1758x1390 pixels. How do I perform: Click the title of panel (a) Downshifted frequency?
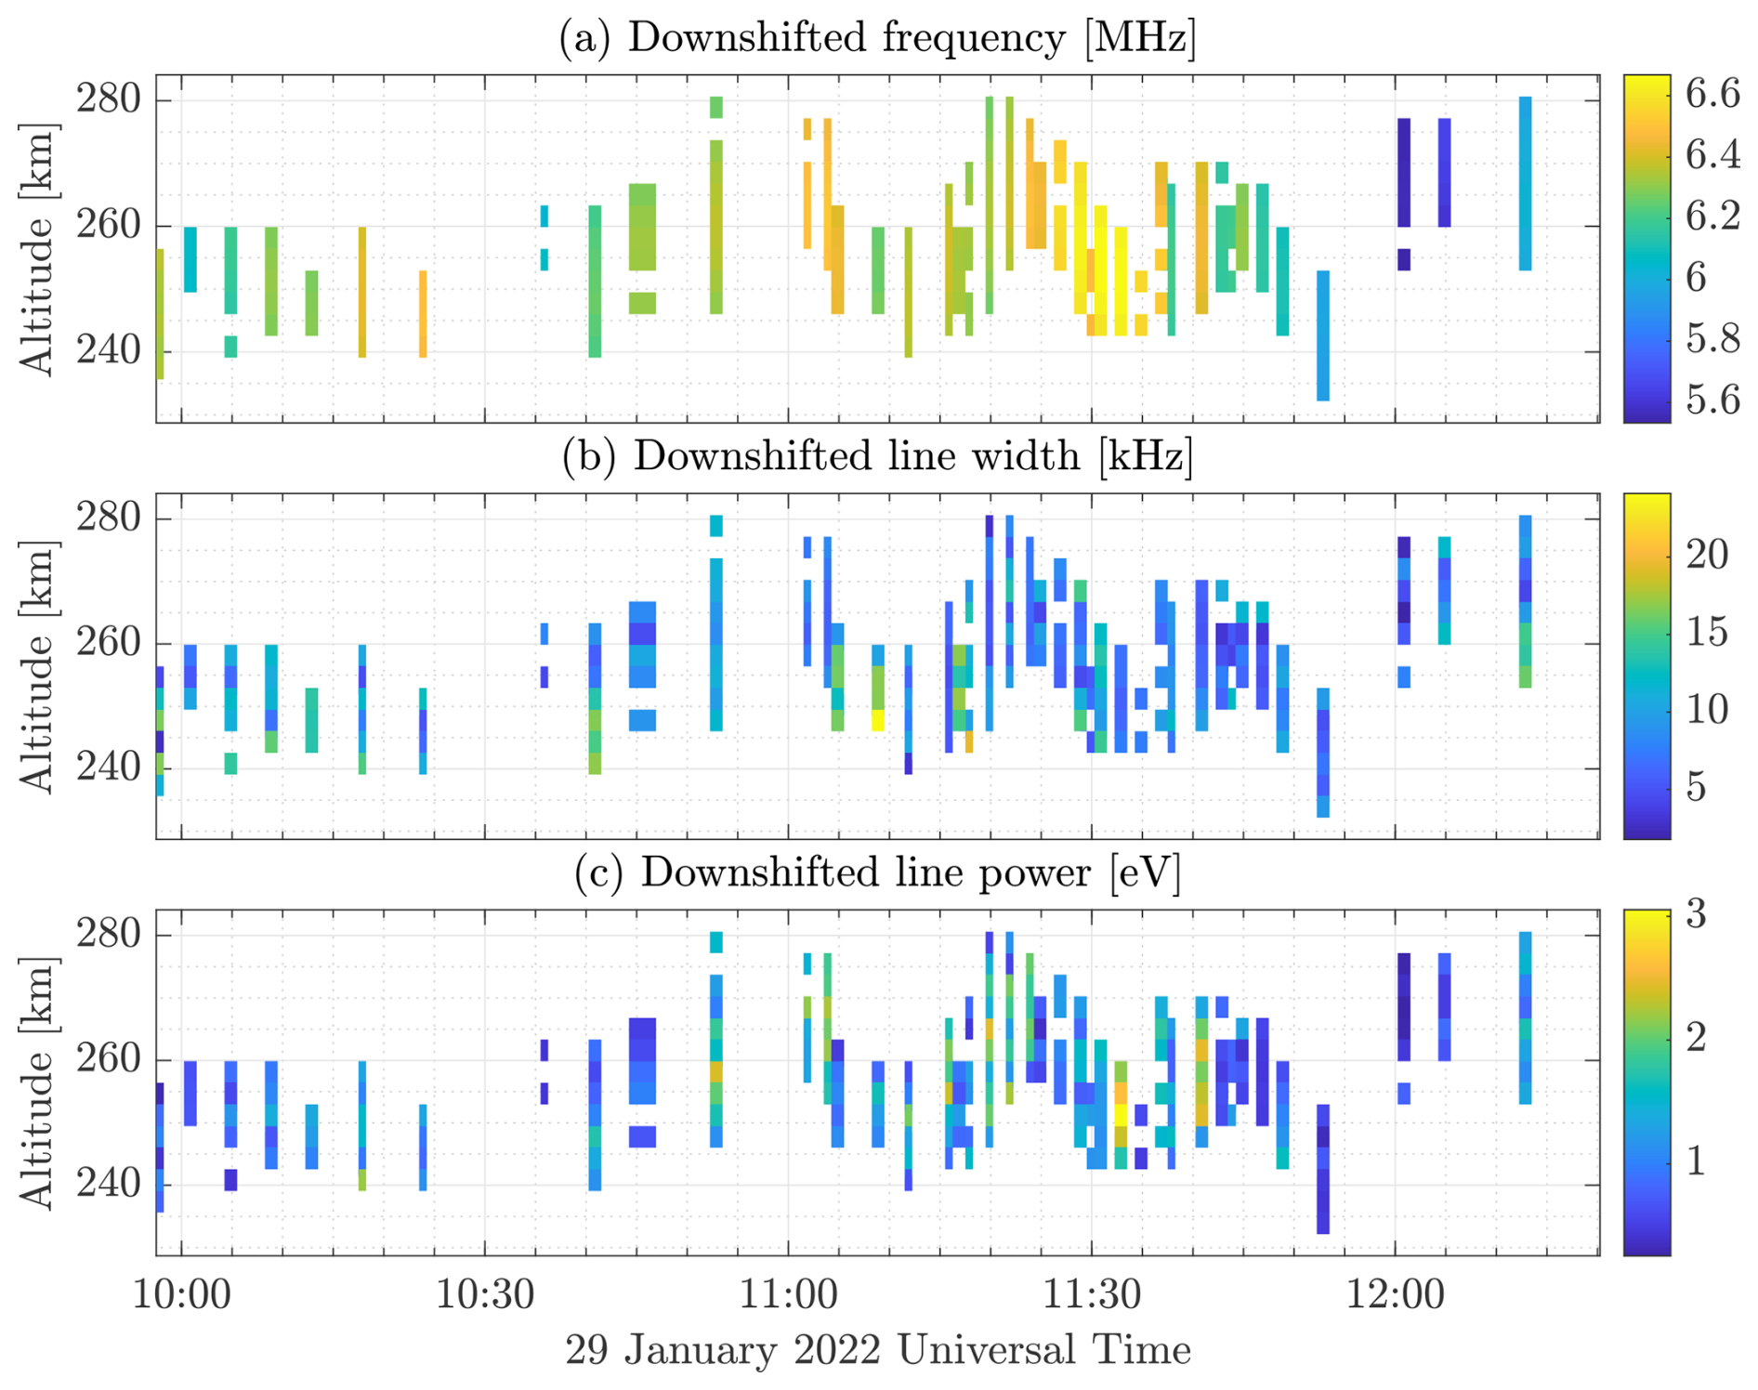(877, 38)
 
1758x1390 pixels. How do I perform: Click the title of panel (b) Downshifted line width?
(877, 456)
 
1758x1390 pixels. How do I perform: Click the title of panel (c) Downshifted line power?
(877, 872)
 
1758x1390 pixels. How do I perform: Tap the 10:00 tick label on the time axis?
(181, 1292)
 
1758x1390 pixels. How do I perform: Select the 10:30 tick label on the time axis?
(485, 1292)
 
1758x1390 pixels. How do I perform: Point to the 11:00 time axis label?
(788, 1292)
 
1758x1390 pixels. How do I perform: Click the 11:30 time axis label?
(1092, 1292)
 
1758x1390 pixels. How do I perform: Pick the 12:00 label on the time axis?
(1395, 1292)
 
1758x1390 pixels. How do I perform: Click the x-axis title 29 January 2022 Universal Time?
(877, 1349)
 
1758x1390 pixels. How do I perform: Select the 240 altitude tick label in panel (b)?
(108, 767)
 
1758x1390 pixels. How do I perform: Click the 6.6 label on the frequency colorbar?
(1712, 94)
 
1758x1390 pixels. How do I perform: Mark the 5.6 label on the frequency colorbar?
(1712, 400)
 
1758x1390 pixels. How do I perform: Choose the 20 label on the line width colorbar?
(1707, 555)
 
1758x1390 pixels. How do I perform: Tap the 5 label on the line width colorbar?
(1697, 787)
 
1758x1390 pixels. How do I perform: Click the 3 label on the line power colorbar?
(1697, 914)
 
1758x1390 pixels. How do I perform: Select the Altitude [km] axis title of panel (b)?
(38, 666)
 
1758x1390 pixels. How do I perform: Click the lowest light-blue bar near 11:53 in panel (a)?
(1323, 335)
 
